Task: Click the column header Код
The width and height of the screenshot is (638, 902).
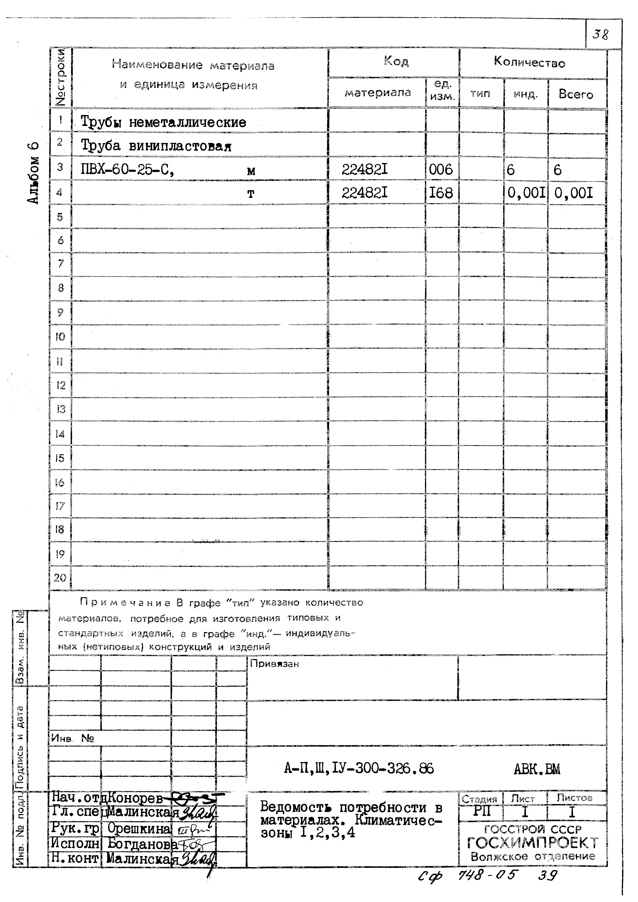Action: coord(396,61)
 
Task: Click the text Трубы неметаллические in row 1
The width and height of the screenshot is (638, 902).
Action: coord(163,122)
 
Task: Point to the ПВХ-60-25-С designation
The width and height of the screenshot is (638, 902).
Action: coord(127,170)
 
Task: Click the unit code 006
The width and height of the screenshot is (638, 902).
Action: coord(441,170)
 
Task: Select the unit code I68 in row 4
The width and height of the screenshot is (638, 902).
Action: coord(441,193)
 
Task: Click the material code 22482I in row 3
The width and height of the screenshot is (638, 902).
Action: coord(364,170)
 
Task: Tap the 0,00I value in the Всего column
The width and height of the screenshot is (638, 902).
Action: coord(573,193)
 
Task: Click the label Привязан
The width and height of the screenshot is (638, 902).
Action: coord(275,664)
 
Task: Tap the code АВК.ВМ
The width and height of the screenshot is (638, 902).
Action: coord(537,769)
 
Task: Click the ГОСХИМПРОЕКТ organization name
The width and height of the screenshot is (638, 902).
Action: coord(533,843)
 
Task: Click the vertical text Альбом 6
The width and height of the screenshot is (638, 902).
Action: coord(34,173)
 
